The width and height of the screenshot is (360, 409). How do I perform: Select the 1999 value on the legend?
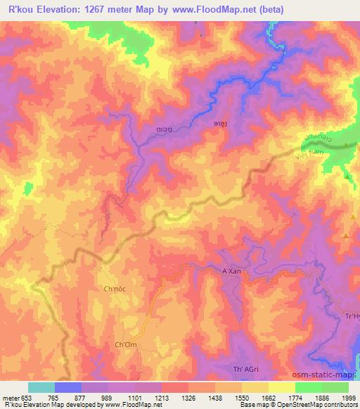click(348, 397)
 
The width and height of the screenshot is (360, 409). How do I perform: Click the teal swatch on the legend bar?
click(41, 387)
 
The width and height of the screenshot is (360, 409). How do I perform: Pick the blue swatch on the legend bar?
click(68, 387)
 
